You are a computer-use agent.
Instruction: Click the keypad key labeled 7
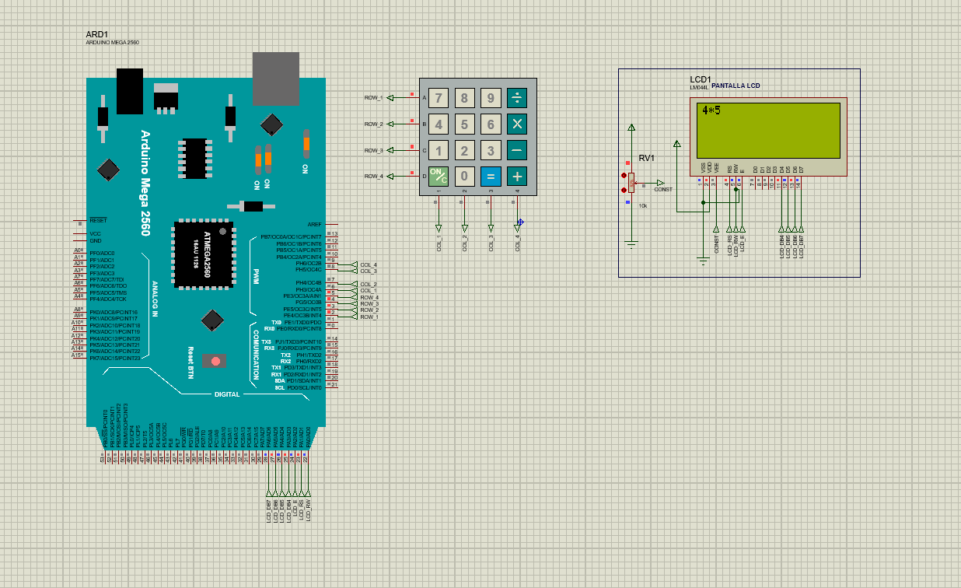tap(439, 98)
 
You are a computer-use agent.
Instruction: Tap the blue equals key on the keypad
tap(491, 176)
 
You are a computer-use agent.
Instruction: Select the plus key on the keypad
tap(517, 176)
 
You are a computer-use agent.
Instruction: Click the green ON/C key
tap(439, 176)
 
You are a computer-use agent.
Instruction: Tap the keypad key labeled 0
tap(465, 176)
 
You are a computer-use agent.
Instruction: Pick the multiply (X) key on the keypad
tap(517, 124)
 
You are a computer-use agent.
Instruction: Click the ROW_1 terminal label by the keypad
tap(373, 98)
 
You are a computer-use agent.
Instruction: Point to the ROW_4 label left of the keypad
tap(373, 177)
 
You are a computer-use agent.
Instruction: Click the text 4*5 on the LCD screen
tap(711, 110)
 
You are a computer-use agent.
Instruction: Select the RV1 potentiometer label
tap(646, 158)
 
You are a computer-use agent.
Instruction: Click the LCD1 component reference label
tap(700, 79)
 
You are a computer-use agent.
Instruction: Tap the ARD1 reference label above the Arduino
tap(96, 34)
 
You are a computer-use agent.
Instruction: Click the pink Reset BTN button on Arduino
tap(215, 362)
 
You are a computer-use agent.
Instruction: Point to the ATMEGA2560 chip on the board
tap(203, 250)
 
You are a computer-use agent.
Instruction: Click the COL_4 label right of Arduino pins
tap(369, 264)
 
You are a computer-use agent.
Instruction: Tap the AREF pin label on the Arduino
tap(314, 224)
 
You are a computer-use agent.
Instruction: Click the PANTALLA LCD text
tap(736, 86)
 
